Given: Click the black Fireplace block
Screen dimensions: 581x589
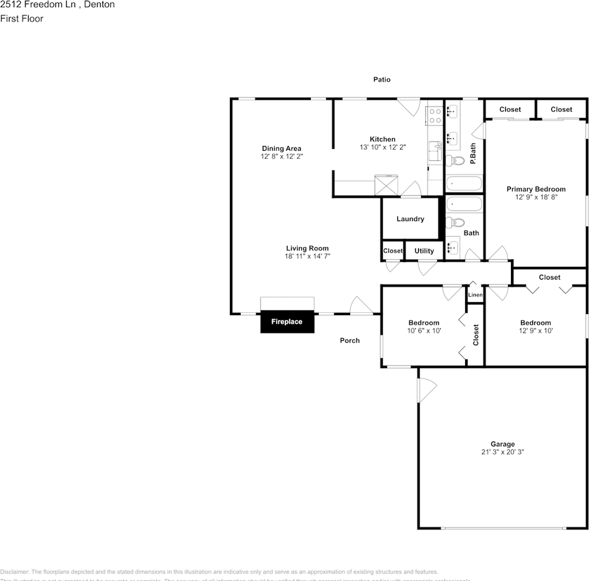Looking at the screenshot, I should coord(287,322).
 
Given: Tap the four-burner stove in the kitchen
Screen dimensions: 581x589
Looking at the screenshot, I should coord(434,116).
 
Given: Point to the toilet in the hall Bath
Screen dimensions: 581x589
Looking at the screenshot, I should coord(454,223).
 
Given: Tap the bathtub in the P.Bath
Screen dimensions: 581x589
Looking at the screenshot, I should coord(464,183).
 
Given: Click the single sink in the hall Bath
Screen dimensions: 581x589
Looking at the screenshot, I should coord(453,246).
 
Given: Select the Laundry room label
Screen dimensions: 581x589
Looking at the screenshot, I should coord(410,219).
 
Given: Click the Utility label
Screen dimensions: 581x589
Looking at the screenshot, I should coord(424,251).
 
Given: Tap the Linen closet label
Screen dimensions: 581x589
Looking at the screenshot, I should coord(475,295).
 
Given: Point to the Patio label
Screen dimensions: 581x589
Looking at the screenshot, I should coord(382,79).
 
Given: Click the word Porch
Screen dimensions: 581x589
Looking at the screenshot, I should coord(350,340).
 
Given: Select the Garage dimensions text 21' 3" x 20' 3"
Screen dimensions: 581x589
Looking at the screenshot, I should coord(503,451).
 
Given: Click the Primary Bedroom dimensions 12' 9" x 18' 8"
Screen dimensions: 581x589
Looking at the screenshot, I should coord(536,197).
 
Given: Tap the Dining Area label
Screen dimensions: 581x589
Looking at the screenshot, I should coord(281,148).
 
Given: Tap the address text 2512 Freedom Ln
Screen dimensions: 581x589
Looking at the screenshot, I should coord(36,5).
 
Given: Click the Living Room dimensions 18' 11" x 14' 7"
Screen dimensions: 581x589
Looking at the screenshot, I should coord(307,256).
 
